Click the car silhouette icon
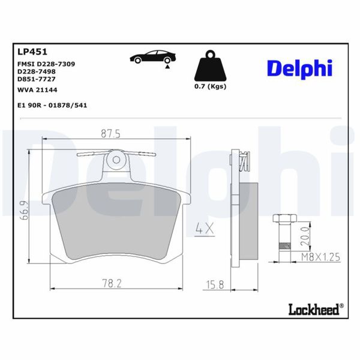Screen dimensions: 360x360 pos(154,58)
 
